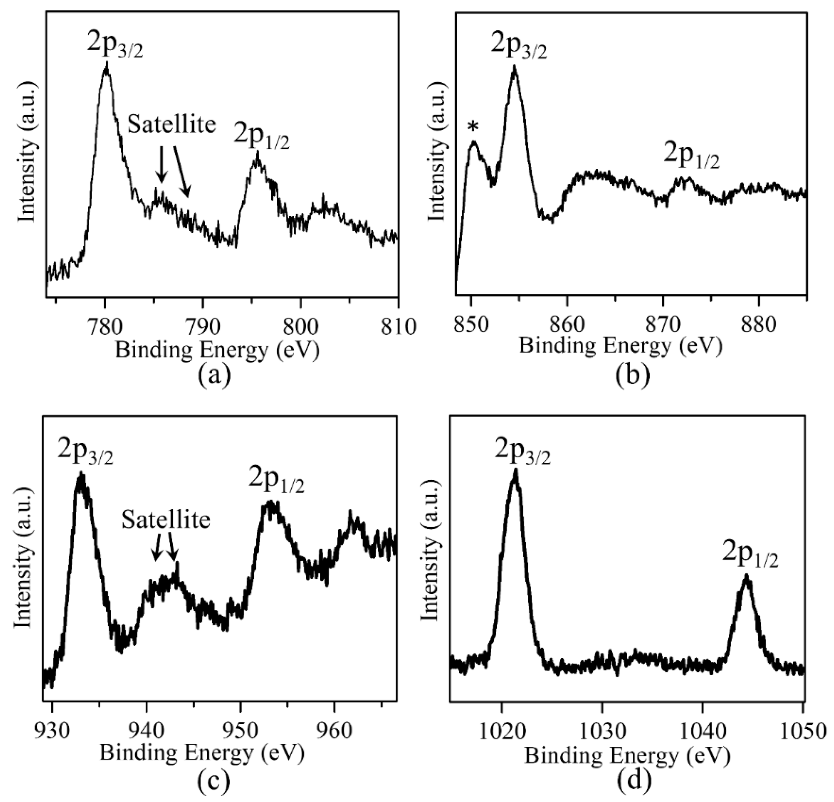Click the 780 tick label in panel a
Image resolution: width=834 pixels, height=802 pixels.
pyautogui.click(x=105, y=326)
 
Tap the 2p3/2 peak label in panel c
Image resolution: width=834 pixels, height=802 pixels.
pyautogui.click(x=85, y=453)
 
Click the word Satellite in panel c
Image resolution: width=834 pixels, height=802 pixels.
pyautogui.click(x=166, y=519)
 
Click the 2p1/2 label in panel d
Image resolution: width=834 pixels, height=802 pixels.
pyautogui.click(x=750, y=557)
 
